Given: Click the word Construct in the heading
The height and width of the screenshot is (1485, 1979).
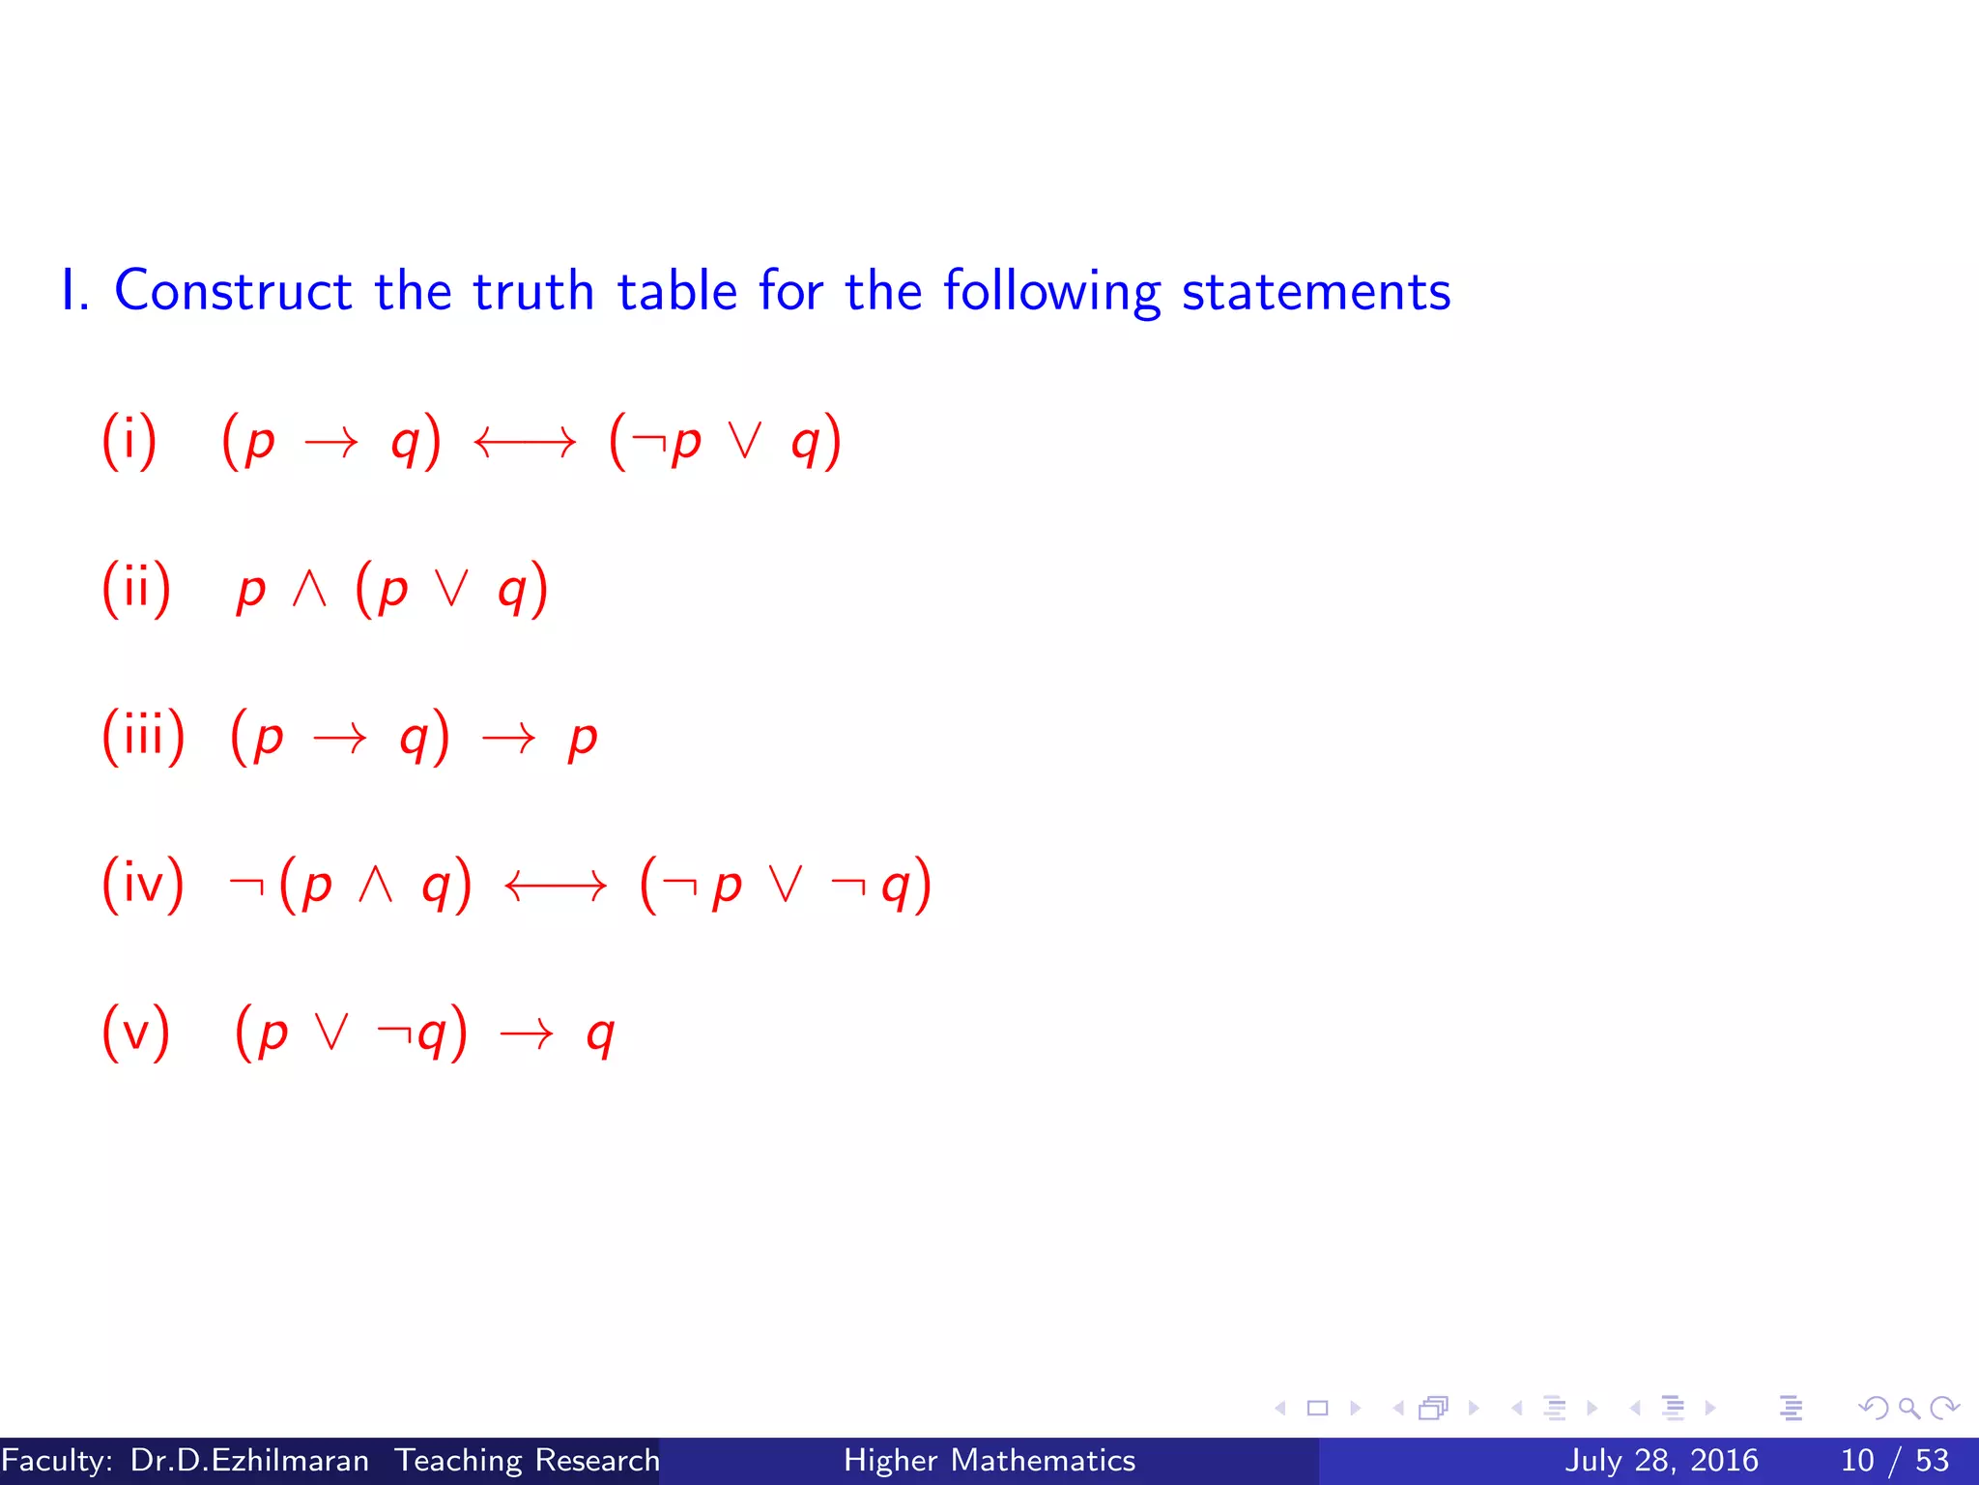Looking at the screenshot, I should point(233,291).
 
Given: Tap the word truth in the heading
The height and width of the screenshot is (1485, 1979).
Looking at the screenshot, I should point(532,291).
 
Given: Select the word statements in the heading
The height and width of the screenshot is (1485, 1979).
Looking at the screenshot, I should point(1316,291).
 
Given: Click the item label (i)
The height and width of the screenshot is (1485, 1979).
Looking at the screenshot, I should point(129,441).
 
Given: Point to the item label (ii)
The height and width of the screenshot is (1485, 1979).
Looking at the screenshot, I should point(136,589).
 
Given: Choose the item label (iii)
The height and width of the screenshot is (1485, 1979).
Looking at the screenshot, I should point(143,737).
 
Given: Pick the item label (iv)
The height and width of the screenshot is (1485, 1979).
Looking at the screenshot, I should point(143,884).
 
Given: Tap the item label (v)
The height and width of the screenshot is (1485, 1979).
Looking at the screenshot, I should point(136,1033).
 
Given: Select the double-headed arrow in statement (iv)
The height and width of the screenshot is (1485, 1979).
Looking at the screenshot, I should point(556,885).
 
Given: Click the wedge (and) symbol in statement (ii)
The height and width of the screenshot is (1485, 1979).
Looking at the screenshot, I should point(309,588).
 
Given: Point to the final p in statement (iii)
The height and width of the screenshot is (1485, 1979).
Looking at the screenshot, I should point(583,740).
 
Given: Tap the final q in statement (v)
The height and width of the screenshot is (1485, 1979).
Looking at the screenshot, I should point(600,1035).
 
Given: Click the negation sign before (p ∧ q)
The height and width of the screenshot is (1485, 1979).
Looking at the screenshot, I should point(246,884).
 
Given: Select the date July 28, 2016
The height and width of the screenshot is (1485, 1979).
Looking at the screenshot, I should point(1661,1460).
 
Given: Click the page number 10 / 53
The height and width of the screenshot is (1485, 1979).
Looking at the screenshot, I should point(1894,1460).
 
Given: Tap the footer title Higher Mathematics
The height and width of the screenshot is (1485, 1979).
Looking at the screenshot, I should point(989,1460).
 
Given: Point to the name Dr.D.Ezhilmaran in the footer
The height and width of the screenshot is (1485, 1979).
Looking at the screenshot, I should point(249,1460).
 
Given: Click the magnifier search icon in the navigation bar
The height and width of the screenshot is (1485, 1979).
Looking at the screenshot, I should point(1908,1409).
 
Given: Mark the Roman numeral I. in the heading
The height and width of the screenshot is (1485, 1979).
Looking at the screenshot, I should point(75,291).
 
